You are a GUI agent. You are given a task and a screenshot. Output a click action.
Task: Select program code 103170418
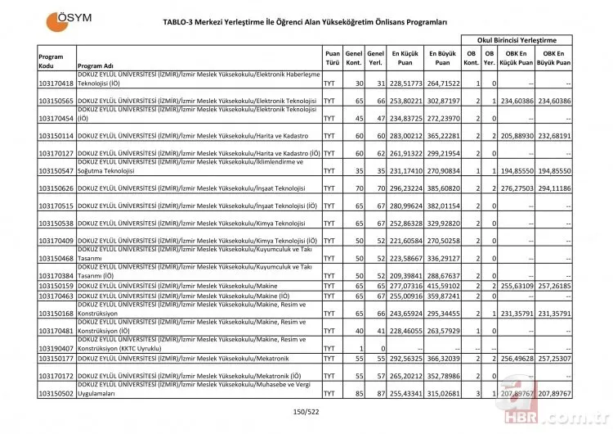(x=56, y=84)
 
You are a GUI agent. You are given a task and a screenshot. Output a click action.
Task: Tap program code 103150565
(x=56, y=101)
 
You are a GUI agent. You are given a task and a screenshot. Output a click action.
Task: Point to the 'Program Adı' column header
(x=95, y=66)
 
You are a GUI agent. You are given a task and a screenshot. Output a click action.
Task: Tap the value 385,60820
(x=442, y=188)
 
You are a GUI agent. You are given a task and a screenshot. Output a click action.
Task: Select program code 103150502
(x=56, y=393)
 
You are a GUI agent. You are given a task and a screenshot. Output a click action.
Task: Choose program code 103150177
(x=56, y=358)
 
